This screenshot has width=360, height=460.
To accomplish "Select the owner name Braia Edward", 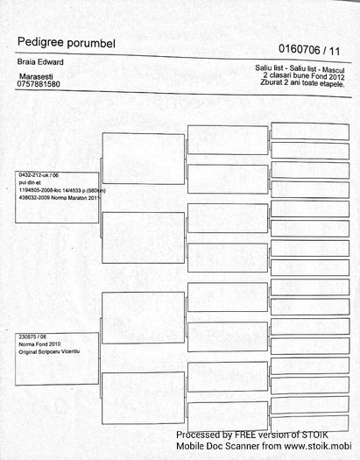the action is (41, 64).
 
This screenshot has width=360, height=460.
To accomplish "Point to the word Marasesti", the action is (38, 78).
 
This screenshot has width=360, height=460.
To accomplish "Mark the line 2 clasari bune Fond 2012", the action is (304, 76).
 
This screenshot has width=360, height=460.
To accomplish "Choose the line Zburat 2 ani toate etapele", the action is (303, 84).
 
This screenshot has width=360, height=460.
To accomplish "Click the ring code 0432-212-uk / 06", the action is (39, 175).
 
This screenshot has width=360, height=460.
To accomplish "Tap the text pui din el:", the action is (31, 183).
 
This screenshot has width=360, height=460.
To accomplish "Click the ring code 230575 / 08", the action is (31, 336).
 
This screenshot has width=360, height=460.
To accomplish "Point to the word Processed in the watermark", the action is (202, 435).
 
